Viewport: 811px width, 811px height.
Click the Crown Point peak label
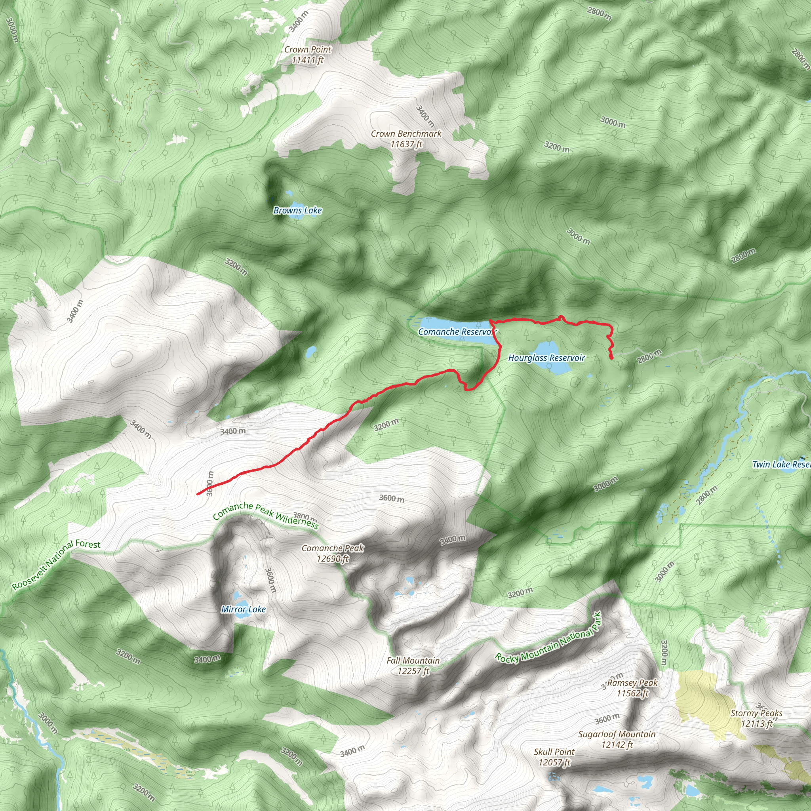(x=308, y=55)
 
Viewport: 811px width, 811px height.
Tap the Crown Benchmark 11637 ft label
(x=406, y=139)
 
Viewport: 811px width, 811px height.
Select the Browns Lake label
(x=298, y=210)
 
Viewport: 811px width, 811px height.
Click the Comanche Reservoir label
(x=457, y=331)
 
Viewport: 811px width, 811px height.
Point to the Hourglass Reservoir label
(x=546, y=358)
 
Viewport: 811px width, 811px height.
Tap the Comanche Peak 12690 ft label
(x=333, y=553)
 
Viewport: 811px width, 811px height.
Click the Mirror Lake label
(x=244, y=609)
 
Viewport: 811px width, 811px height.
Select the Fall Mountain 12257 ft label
(x=413, y=666)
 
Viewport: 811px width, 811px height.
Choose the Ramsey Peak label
(x=632, y=688)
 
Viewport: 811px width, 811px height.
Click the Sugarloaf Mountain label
(x=617, y=739)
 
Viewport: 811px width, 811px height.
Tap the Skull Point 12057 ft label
(x=554, y=757)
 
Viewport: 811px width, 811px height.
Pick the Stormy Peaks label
(x=756, y=718)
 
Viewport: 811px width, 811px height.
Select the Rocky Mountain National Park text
(x=548, y=640)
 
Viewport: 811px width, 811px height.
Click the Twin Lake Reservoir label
(x=781, y=464)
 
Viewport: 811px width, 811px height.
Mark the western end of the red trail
(x=198, y=494)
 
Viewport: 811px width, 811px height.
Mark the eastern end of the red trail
(x=611, y=358)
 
